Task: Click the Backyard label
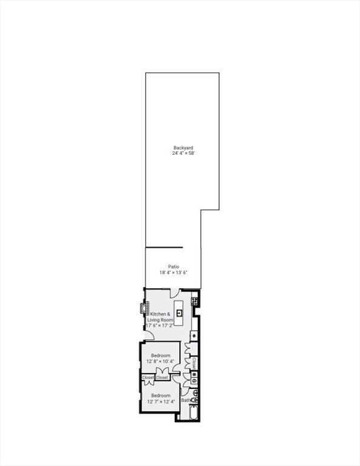click(183, 147)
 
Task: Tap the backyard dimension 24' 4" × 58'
click(183, 154)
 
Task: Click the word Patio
click(174, 266)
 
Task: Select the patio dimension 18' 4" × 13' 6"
click(174, 272)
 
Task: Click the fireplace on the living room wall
click(144, 308)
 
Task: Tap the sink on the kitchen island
click(180, 312)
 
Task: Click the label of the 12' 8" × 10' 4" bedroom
click(161, 355)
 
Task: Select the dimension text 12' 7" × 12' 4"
click(162, 401)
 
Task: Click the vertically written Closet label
click(194, 362)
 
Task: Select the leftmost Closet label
click(148, 377)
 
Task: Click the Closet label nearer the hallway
click(162, 377)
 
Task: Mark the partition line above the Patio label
click(164, 247)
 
